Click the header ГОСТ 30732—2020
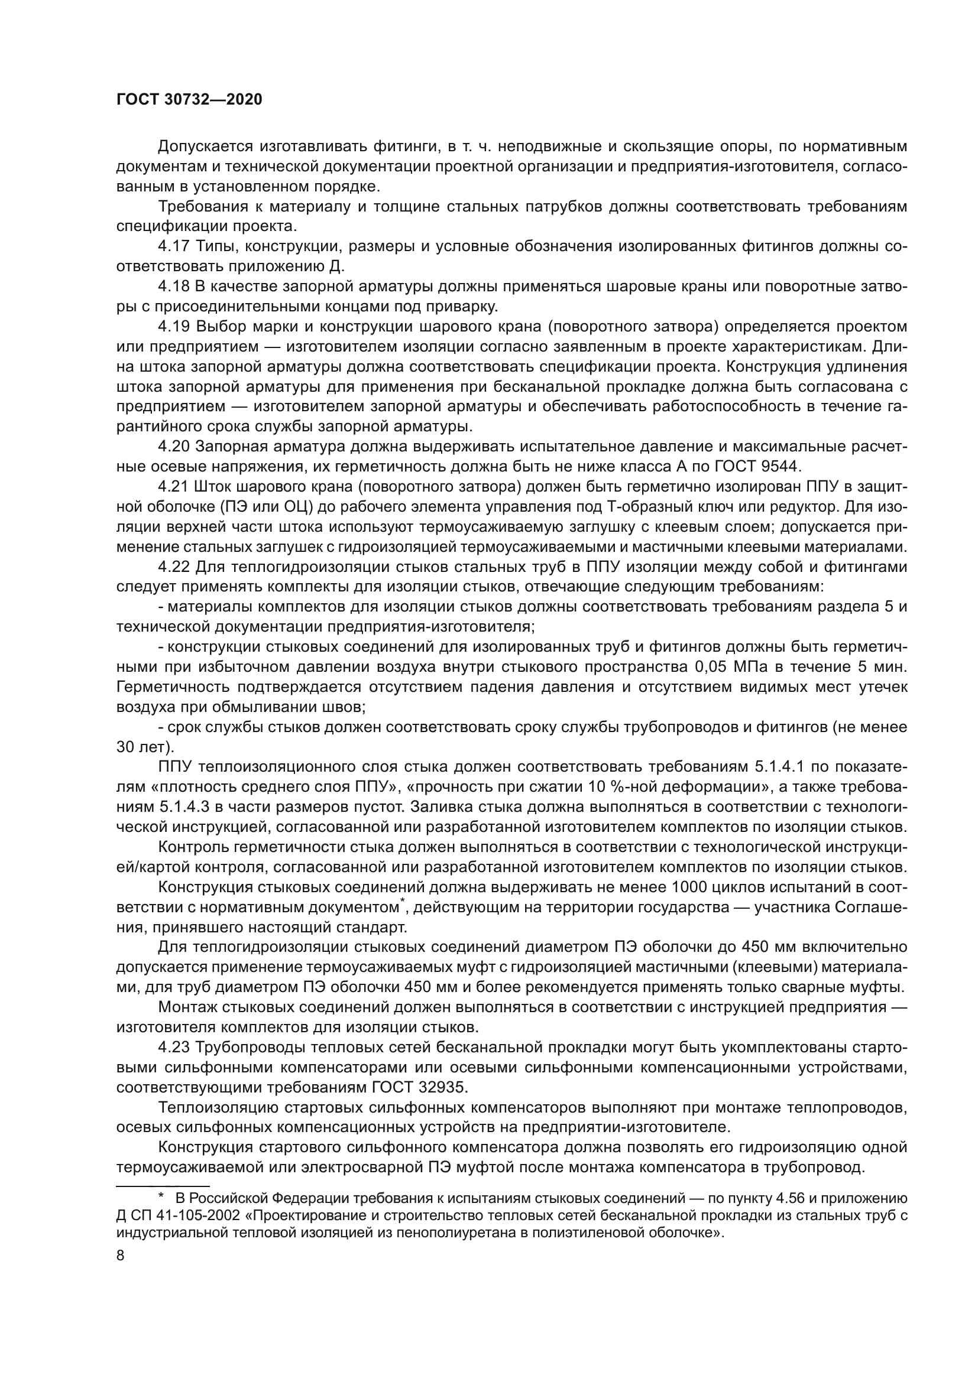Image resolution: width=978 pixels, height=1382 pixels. pyautogui.click(x=189, y=100)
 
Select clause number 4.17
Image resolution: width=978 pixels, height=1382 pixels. pyautogui.click(x=174, y=246)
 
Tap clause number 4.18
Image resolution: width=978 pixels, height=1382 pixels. pyautogui.click(x=174, y=287)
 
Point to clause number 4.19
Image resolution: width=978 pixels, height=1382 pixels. pyautogui.click(x=174, y=327)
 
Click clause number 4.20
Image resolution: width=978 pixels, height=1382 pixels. pyautogui.click(x=174, y=447)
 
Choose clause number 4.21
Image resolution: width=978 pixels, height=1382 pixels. pyautogui.click(x=174, y=487)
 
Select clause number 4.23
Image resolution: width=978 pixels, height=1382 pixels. pyautogui.click(x=174, y=1048)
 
